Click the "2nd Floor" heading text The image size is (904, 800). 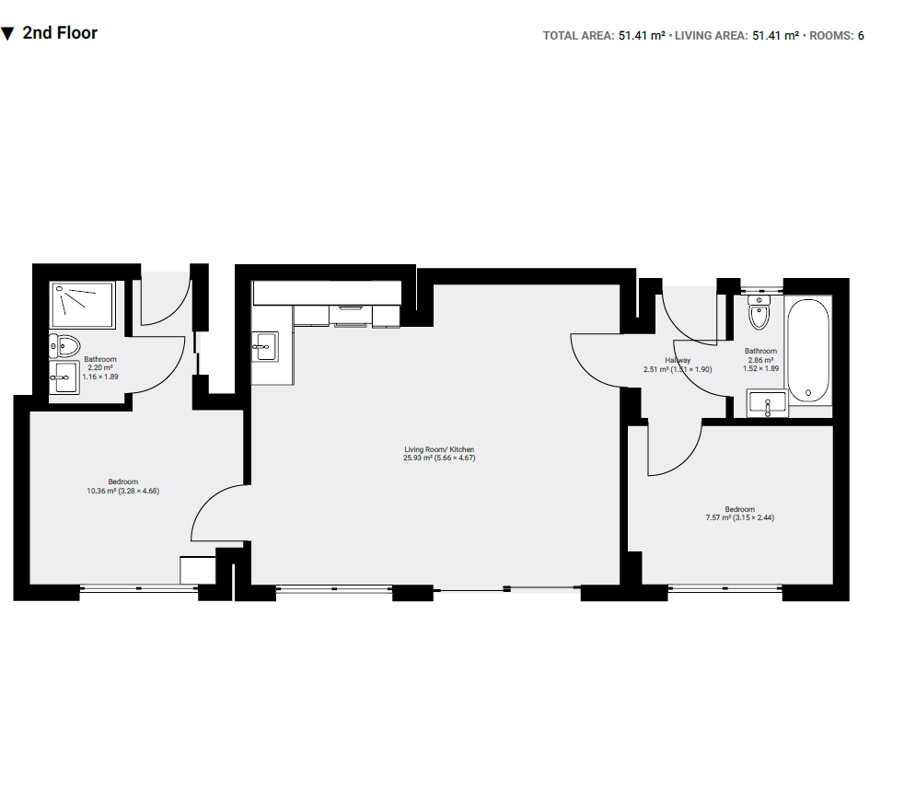(x=60, y=33)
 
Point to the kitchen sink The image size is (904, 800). (x=264, y=347)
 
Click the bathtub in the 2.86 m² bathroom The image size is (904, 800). (x=808, y=350)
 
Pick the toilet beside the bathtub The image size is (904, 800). (x=759, y=314)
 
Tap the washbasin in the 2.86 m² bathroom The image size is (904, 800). (x=767, y=402)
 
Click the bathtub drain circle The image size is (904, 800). (x=808, y=393)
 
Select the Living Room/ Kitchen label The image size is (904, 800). (x=439, y=453)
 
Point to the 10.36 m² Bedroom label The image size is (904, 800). (x=123, y=486)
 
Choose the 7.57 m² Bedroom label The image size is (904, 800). (x=739, y=514)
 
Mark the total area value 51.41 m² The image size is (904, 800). (x=642, y=36)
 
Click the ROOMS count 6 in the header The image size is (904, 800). (x=861, y=36)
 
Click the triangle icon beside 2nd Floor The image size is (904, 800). (x=7, y=34)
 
